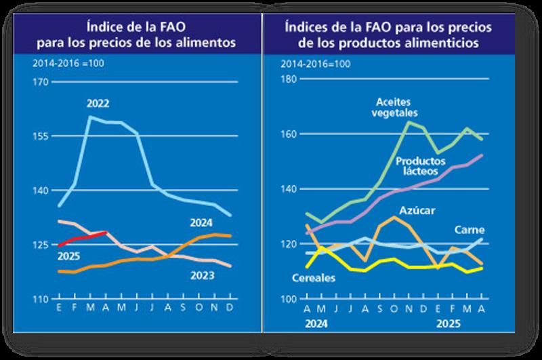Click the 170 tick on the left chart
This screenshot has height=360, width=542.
(x=41, y=82)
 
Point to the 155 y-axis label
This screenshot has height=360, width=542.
(x=41, y=136)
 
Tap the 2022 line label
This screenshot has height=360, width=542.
(x=98, y=104)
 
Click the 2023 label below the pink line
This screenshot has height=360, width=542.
(x=203, y=275)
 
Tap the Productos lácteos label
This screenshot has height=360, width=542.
(x=421, y=167)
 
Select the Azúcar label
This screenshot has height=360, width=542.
(x=417, y=209)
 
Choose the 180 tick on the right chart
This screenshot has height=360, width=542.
(x=289, y=79)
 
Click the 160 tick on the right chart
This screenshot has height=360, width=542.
(x=289, y=134)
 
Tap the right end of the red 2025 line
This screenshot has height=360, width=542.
(x=106, y=233)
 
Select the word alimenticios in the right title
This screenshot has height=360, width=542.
(x=442, y=42)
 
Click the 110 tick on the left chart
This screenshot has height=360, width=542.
(x=41, y=299)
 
